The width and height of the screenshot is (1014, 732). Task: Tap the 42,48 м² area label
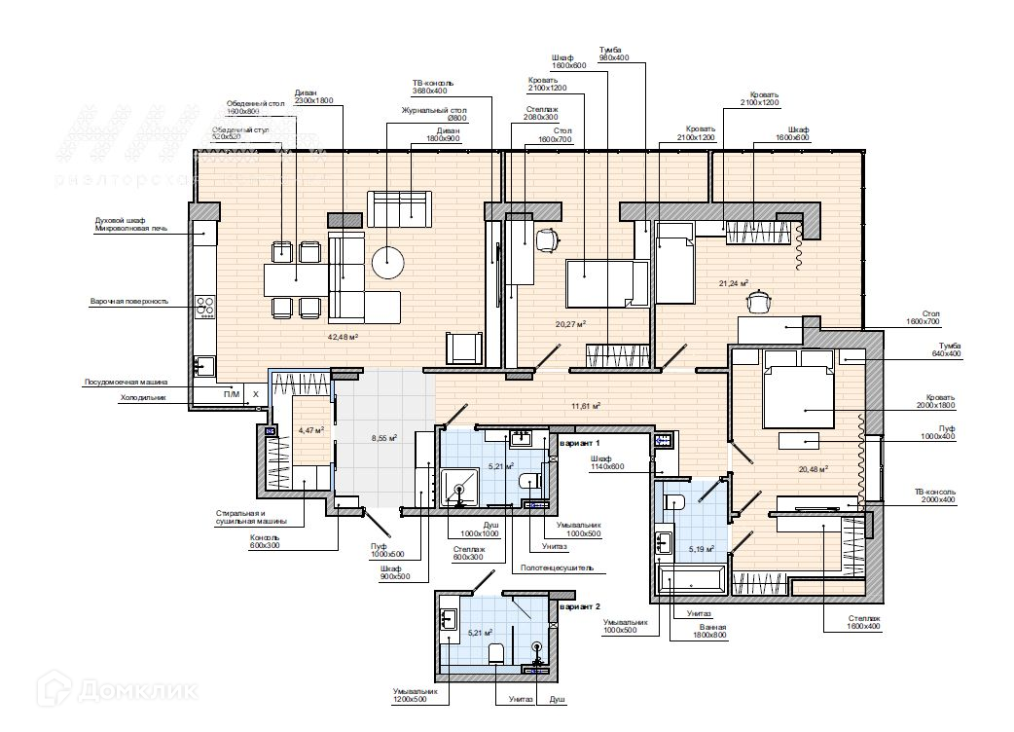(344, 337)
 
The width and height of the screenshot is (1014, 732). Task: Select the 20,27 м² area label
(570, 324)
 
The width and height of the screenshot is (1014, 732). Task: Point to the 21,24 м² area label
(733, 283)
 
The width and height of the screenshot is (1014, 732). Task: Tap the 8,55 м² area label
(384, 438)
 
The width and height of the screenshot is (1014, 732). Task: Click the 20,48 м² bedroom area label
(812, 468)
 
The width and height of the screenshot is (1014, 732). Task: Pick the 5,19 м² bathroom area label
(701, 549)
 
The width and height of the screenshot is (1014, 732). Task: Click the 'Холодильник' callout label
(143, 397)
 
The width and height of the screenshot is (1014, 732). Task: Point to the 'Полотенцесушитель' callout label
(557, 567)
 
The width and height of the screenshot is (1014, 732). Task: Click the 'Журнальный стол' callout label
(434, 111)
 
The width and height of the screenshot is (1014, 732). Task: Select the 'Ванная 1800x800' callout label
(709, 634)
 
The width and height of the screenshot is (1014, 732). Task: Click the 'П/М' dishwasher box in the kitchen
(232, 394)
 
